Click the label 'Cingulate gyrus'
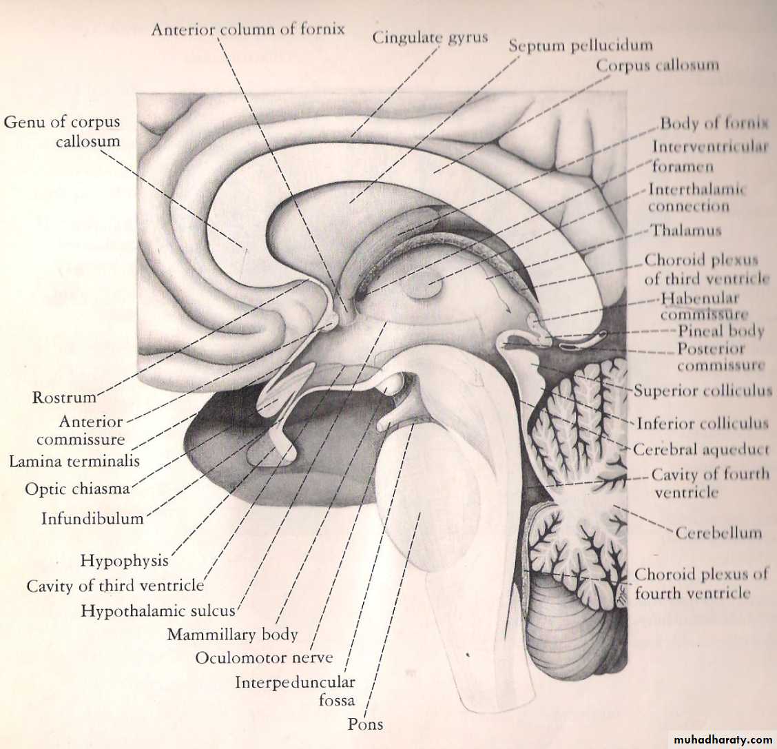point(430,38)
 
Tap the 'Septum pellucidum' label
point(581,45)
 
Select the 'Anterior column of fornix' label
point(248,29)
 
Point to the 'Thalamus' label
point(686,230)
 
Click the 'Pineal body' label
point(721,331)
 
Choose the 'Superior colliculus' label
point(703,391)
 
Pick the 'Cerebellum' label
point(718,533)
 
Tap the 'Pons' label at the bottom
point(365,724)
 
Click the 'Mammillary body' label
point(232,635)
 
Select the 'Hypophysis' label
point(125,561)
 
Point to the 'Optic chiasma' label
point(77,489)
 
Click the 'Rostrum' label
point(64,398)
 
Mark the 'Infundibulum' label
point(92,518)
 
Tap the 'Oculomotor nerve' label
point(264,658)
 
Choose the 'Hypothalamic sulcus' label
point(158,611)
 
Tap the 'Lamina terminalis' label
point(74,462)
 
